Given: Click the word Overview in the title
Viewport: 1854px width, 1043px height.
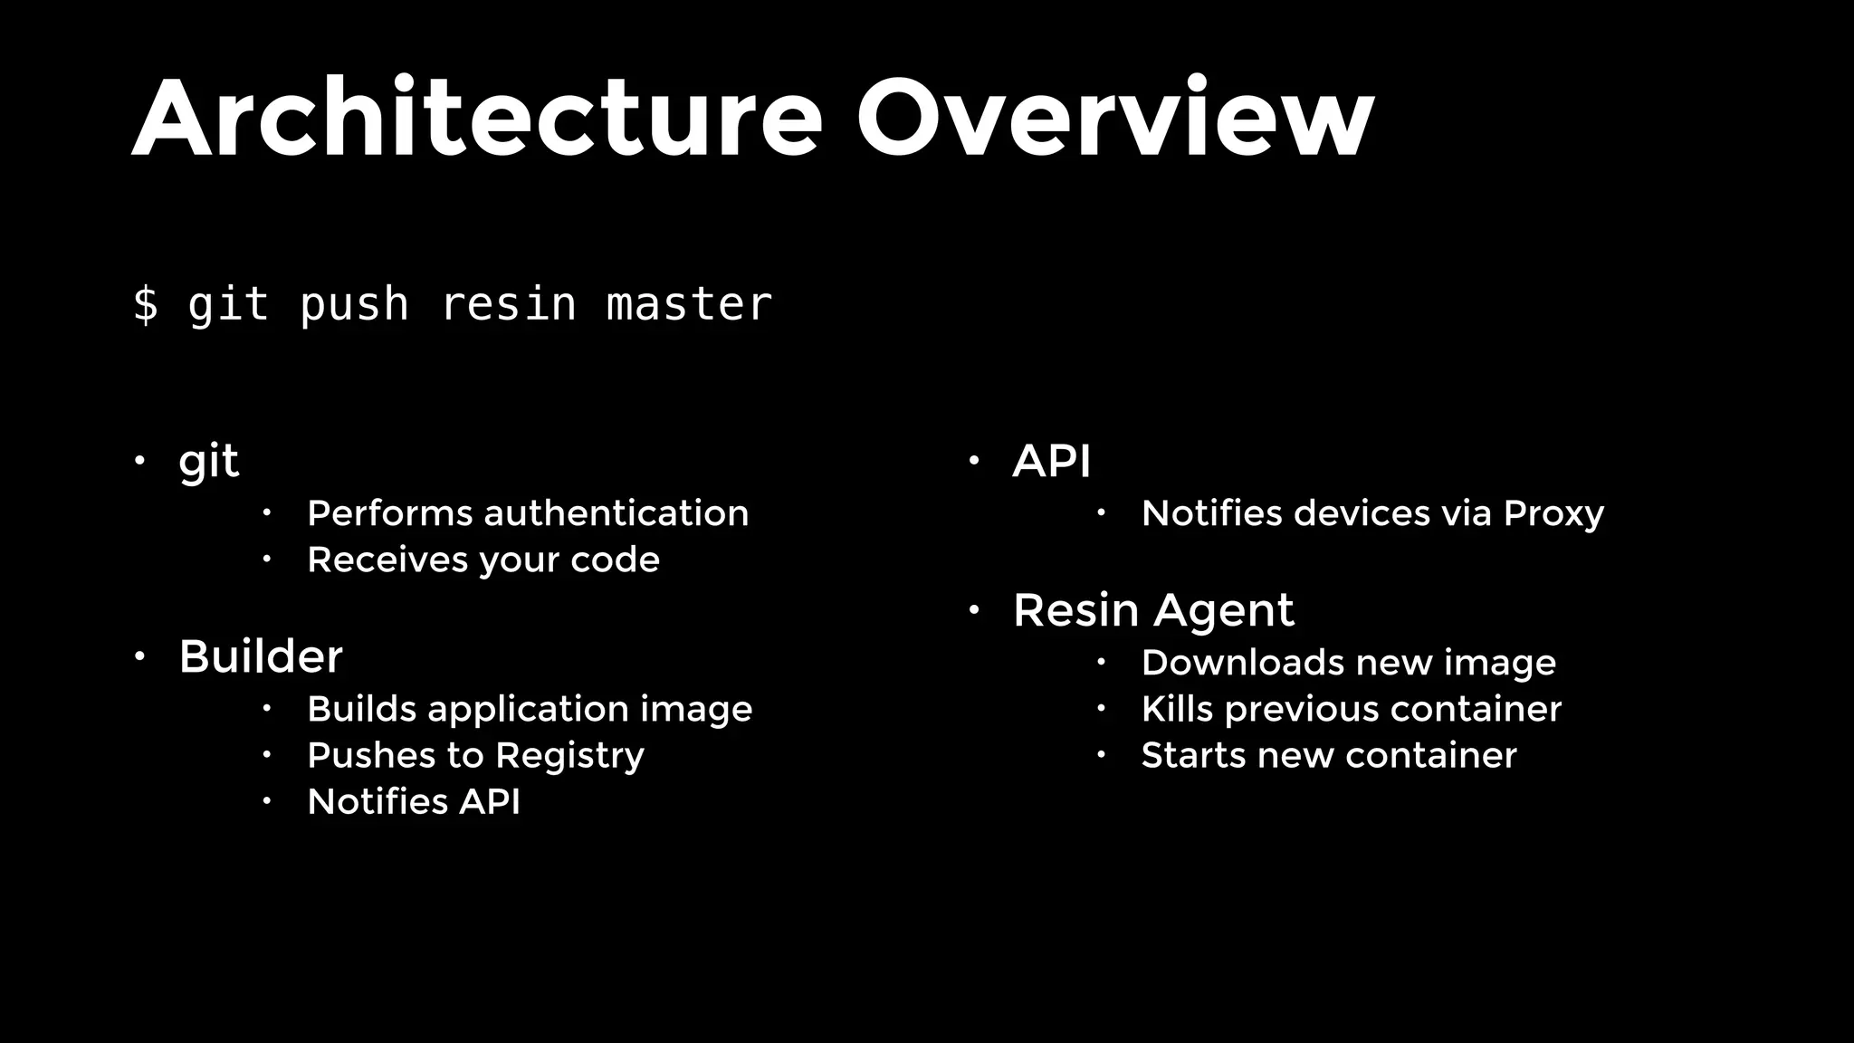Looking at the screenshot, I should click(x=1115, y=119).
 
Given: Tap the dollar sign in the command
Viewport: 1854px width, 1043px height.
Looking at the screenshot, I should click(x=145, y=303).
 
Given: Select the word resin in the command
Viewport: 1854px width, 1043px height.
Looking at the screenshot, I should click(x=508, y=303).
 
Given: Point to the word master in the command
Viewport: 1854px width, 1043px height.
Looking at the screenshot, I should click(x=689, y=303).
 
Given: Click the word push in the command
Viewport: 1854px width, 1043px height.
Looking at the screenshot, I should click(x=354, y=305).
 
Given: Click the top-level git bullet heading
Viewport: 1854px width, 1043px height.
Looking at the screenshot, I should click(x=208, y=462).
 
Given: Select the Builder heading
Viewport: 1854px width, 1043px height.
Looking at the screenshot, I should click(x=261, y=656).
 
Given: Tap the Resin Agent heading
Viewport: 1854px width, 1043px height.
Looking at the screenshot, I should click(x=1153, y=610).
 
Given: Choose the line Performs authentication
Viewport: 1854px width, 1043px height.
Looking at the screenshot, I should click(x=528, y=513).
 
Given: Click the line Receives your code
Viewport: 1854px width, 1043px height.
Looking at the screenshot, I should click(x=483, y=560).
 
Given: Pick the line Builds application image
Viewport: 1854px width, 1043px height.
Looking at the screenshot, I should click(x=530, y=709).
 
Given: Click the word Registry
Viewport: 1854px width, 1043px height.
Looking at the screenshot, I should click(x=569, y=756).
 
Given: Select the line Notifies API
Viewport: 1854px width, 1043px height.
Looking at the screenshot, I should click(x=414, y=802).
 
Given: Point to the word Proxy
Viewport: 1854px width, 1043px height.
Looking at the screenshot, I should click(x=1553, y=513).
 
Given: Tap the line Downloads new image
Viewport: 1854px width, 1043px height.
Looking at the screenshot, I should click(x=1349, y=663).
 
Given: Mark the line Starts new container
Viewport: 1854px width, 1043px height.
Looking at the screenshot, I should click(x=1329, y=755).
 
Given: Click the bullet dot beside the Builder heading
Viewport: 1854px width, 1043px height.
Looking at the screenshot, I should click(x=139, y=655).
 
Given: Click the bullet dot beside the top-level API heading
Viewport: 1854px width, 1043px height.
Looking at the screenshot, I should click(x=974, y=461).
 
